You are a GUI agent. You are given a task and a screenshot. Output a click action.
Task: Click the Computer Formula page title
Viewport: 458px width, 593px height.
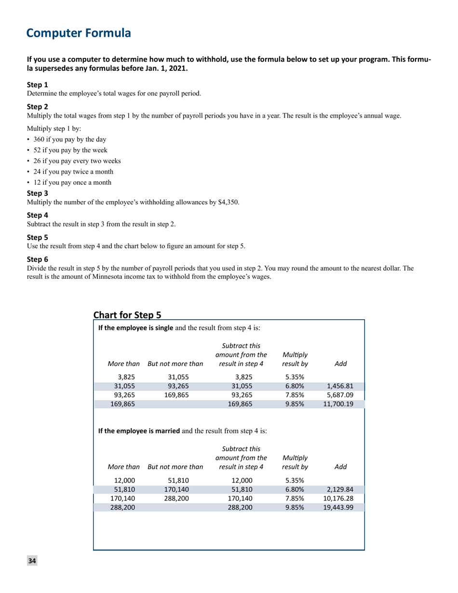click(78, 33)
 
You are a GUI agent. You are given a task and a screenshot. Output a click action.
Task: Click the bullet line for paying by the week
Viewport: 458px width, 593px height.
click(67, 150)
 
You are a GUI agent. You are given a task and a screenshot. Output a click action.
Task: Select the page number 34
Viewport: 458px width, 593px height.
click(32, 561)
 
